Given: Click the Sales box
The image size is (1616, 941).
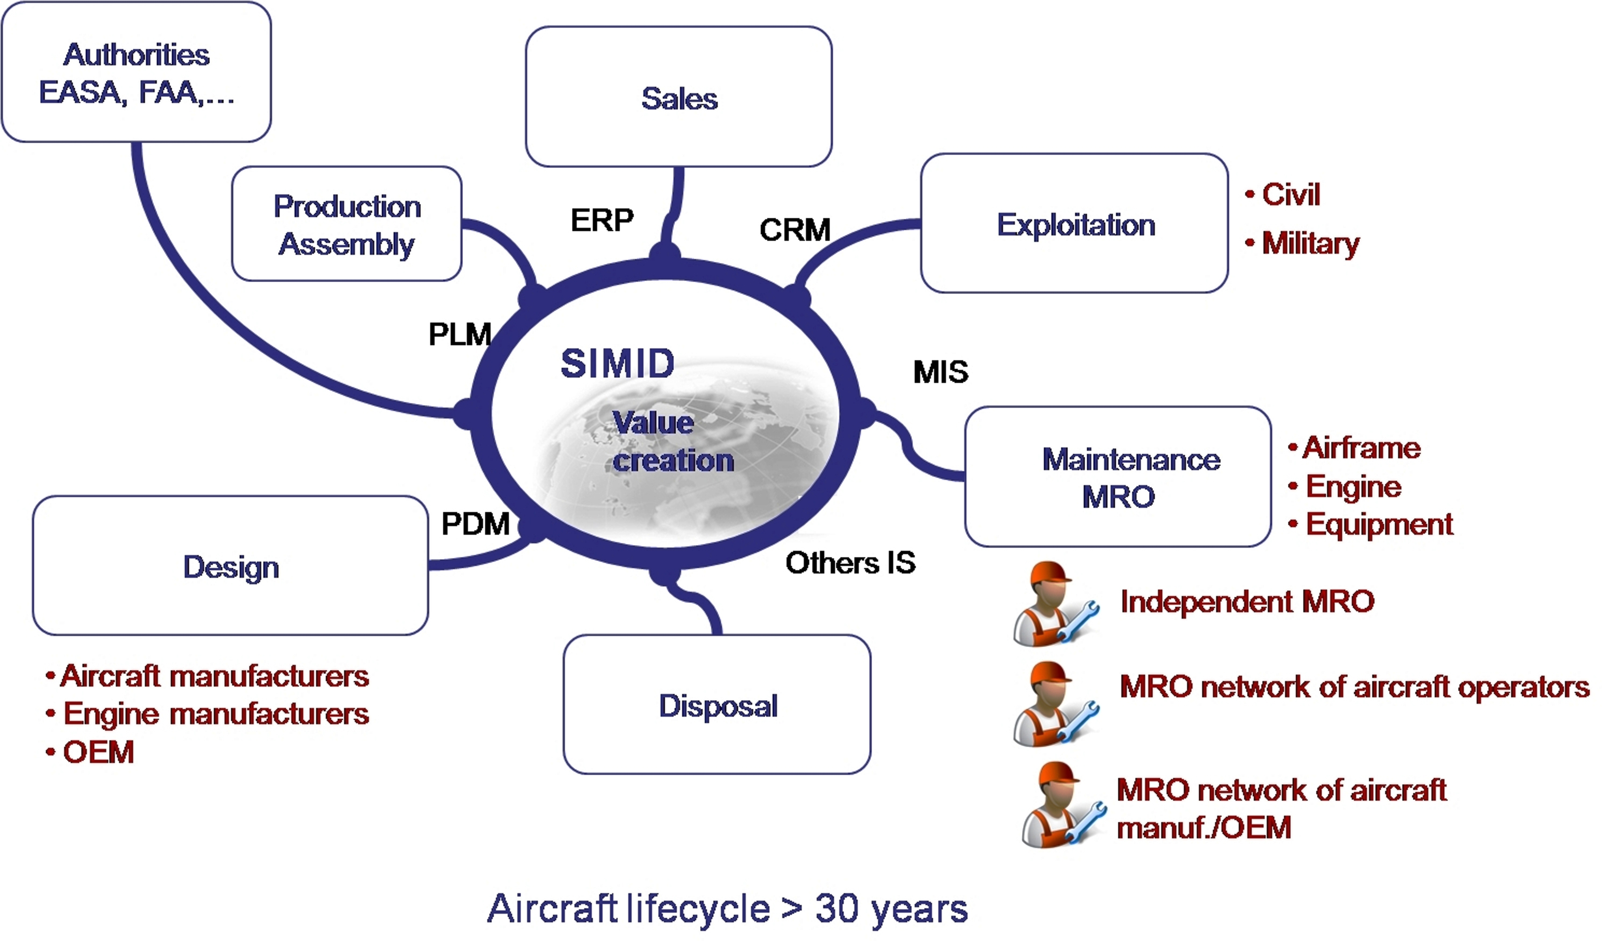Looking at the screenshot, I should [x=679, y=97].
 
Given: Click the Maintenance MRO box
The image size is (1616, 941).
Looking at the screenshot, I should [x=1118, y=477].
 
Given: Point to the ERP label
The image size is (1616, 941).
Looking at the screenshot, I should [x=602, y=220].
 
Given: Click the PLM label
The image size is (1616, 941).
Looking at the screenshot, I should [x=459, y=334].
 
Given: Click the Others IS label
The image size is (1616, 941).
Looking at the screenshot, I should [x=850, y=563].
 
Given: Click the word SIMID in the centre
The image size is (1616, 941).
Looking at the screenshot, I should [x=617, y=364].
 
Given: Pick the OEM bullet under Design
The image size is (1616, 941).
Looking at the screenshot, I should [x=98, y=752].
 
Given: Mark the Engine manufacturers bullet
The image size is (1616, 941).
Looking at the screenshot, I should [x=216, y=713].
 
